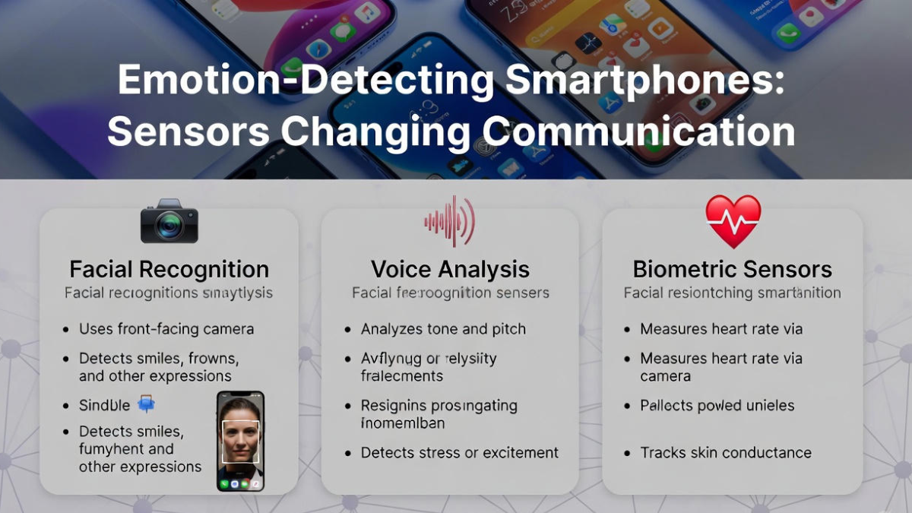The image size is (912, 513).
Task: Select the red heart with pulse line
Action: (x=733, y=221)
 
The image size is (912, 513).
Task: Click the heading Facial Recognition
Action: (x=169, y=269)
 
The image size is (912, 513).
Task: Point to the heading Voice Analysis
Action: (x=450, y=269)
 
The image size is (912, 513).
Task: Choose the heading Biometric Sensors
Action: (x=732, y=269)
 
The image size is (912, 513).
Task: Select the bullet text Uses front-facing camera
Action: (x=166, y=329)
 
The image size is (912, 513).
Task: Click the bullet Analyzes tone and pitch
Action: (x=443, y=329)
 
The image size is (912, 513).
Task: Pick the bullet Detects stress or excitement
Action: (x=459, y=452)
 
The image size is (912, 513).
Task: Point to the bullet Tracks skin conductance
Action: (x=726, y=452)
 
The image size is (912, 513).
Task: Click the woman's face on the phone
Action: (x=240, y=432)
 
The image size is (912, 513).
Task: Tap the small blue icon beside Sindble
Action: (x=146, y=404)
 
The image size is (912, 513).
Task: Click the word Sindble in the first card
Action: (x=104, y=405)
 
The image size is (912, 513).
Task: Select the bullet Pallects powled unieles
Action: (x=717, y=405)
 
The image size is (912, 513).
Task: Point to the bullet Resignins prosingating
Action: (x=439, y=405)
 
